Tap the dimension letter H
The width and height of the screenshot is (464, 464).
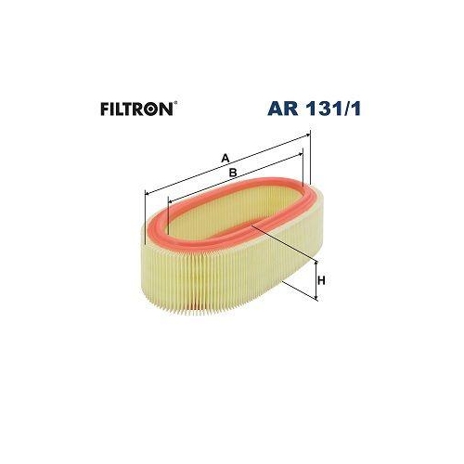321,279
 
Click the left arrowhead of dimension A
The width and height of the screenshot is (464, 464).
148,193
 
